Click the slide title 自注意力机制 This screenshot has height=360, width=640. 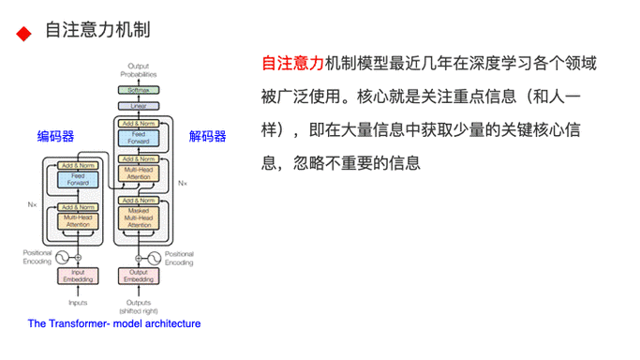(x=97, y=31)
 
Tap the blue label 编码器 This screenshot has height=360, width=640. (x=55, y=136)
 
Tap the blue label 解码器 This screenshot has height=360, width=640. (x=207, y=136)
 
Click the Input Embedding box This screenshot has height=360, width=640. (x=78, y=276)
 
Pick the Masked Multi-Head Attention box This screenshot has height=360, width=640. (x=139, y=218)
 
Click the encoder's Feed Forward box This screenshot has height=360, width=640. (x=78, y=179)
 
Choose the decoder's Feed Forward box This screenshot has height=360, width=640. (x=139, y=138)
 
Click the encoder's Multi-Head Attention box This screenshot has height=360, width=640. (x=78, y=221)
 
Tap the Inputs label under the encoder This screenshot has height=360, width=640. (x=78, y=302)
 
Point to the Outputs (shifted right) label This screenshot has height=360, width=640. (x=139, y=305)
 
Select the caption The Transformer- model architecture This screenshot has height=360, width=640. (x=114, y=324)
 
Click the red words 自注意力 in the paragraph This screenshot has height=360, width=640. (x=292, y=65)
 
